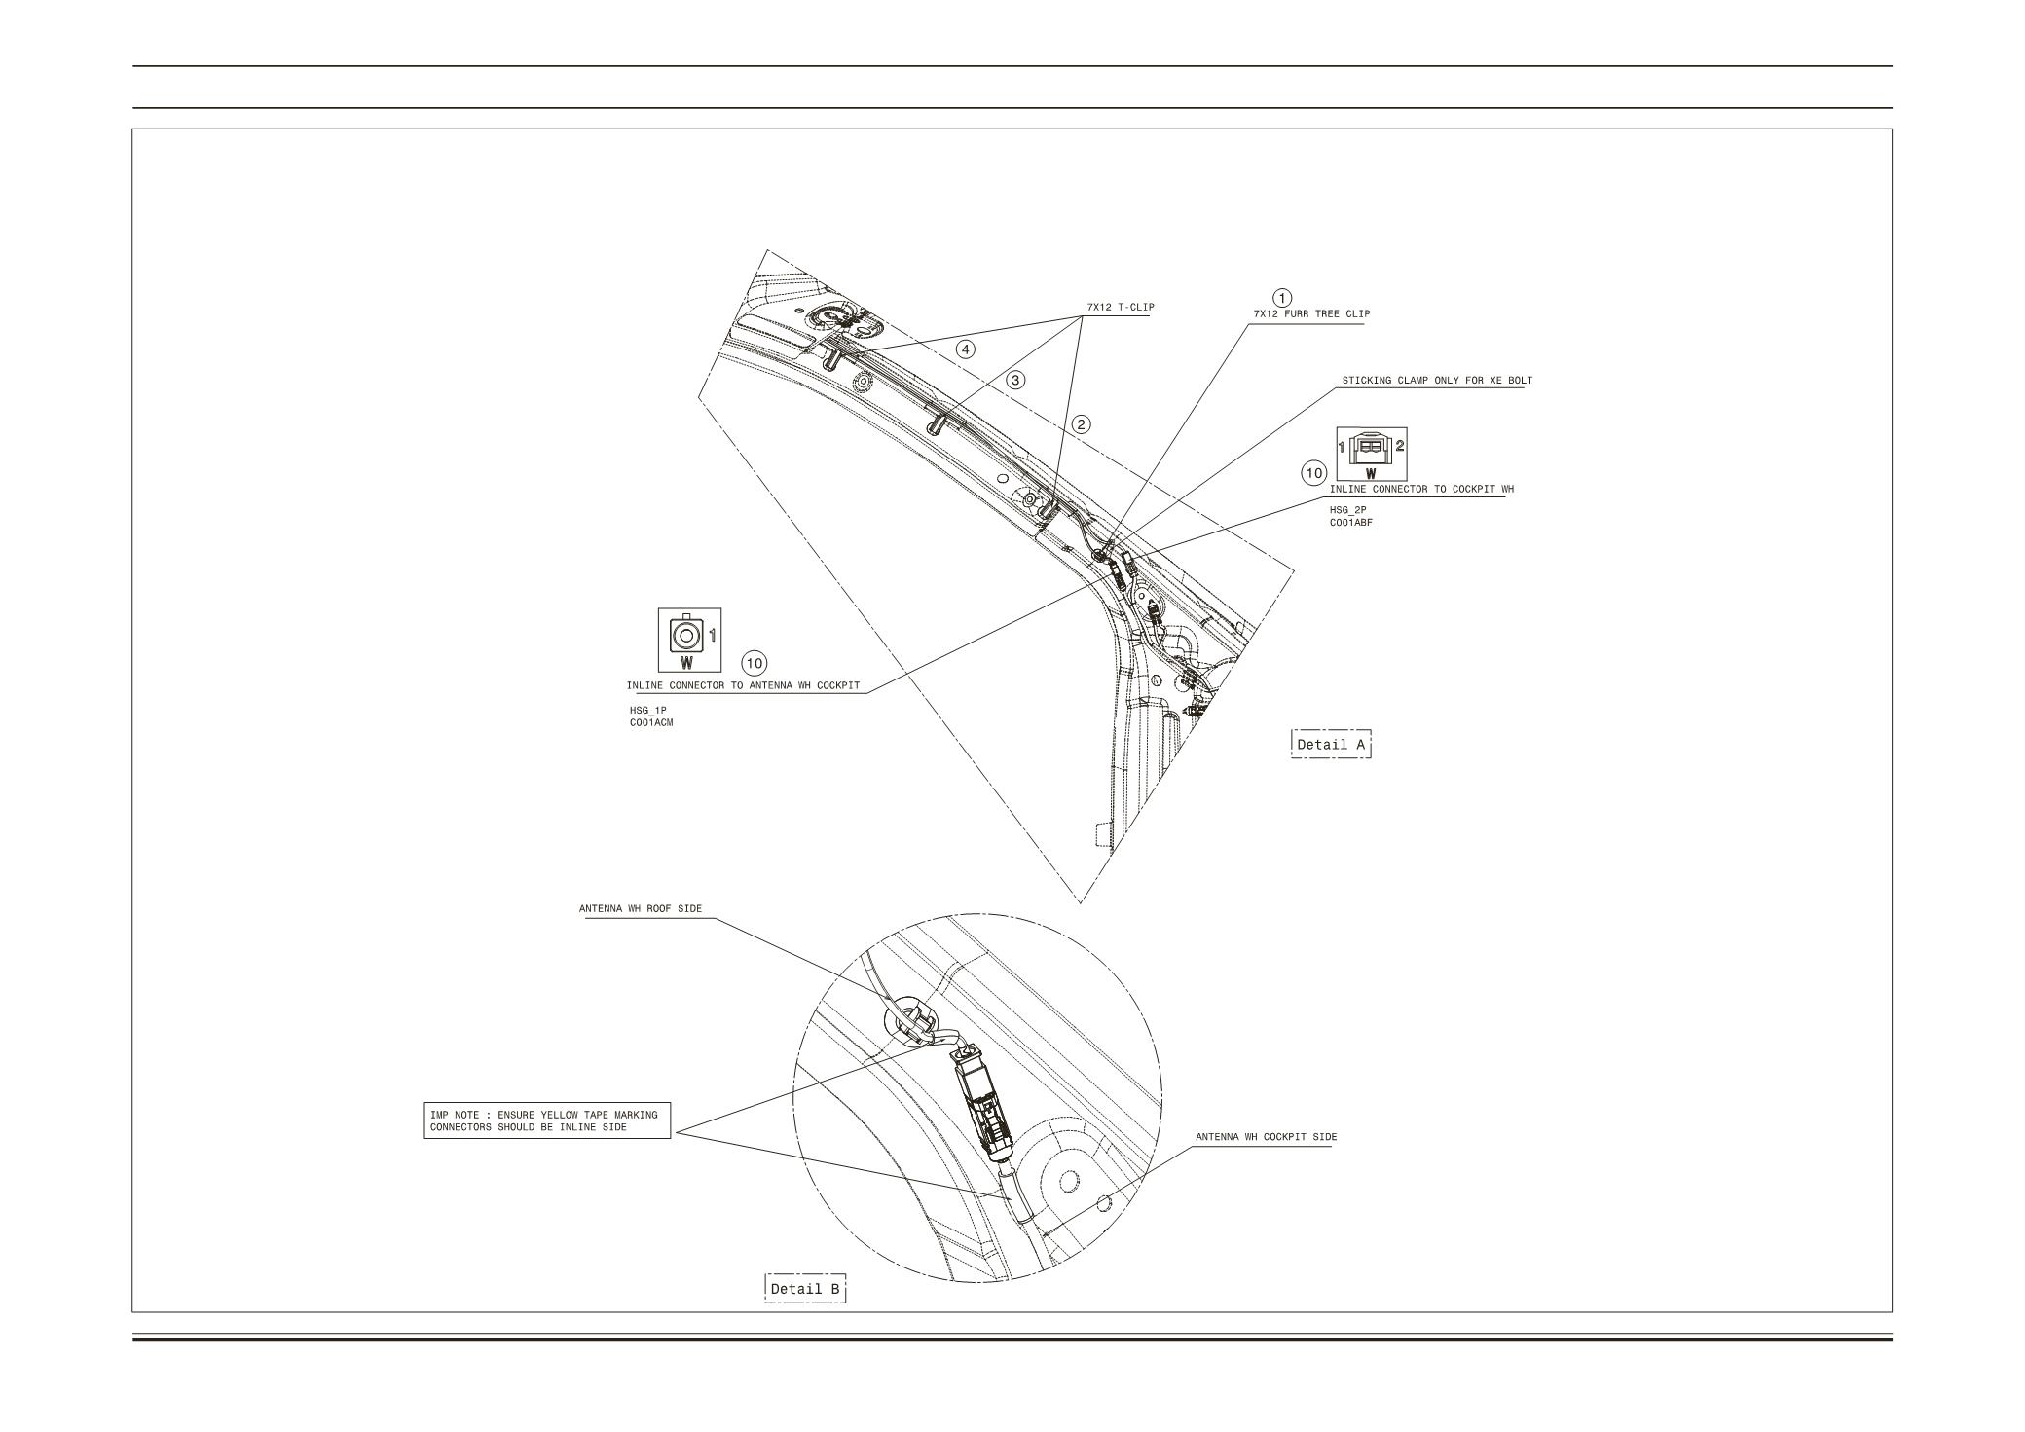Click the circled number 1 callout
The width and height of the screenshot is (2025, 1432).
1283,297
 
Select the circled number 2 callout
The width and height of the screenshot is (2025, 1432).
1082,423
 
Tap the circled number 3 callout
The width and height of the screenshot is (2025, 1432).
1016,380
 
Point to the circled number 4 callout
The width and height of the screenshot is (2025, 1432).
966,349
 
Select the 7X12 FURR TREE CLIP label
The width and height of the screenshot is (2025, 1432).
1310,314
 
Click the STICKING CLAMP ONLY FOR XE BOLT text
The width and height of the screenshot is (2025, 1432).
1436,381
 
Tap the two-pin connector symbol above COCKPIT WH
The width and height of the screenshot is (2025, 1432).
1372,448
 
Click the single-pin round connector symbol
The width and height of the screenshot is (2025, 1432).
687,638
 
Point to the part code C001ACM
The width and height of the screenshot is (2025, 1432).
651,722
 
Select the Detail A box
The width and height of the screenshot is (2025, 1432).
1330,745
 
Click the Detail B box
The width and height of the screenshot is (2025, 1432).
805,1289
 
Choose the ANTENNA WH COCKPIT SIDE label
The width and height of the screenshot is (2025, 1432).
1266,1137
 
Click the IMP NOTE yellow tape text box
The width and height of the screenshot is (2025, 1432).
547,1120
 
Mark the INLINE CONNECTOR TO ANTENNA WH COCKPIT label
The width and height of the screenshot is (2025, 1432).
743,685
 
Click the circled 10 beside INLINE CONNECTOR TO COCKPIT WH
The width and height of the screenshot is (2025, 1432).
1314,473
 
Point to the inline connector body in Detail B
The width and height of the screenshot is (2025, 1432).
984,1109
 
